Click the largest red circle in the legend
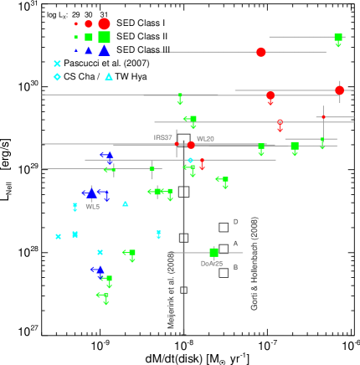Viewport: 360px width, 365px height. [x=104, y=23]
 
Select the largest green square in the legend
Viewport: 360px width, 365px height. [x=104, y=37]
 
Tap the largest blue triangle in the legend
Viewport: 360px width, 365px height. [x=104, y=50]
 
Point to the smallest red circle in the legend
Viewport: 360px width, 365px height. [x=76, y=24]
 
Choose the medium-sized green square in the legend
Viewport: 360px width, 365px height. [x=89, y=37]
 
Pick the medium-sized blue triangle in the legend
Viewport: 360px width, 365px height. [x=89, y=50]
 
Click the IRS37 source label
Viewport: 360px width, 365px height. [x=163, y=137]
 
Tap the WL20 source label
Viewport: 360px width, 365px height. [x=205, y=139]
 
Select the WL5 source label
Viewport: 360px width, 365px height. [x=92, y=206]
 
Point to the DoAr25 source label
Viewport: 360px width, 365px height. [x=211, y=264]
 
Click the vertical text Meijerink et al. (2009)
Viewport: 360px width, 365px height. [x=172, y=290]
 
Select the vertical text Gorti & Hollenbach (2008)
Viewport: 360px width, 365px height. [x=255, y=264]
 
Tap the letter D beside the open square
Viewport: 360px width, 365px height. [x=235, y=222]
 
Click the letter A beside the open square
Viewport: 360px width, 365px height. [x=235, y=244]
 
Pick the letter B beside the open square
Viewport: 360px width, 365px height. [x=235, y=267]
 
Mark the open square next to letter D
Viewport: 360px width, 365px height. [x=224, y=227]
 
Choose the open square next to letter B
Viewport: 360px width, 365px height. [x=224, y=272]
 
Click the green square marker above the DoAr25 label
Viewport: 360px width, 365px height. [x=214, y=251]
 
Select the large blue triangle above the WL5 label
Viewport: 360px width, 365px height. [x=91, y=193]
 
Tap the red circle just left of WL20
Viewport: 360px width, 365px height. [x=191, y=145]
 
